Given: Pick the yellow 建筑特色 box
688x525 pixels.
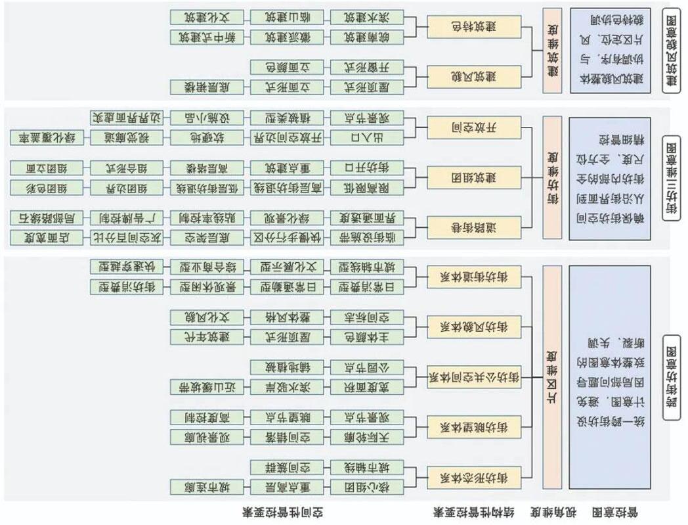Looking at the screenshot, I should point(473,27).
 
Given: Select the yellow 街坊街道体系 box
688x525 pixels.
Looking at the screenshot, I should point(473,277).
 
